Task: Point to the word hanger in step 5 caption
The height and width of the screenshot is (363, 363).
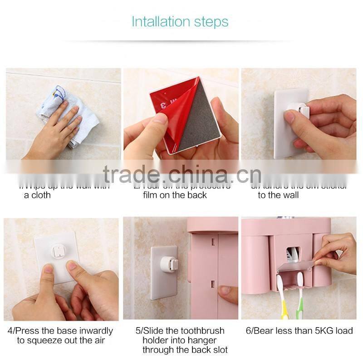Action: click(x=204, y=340)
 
